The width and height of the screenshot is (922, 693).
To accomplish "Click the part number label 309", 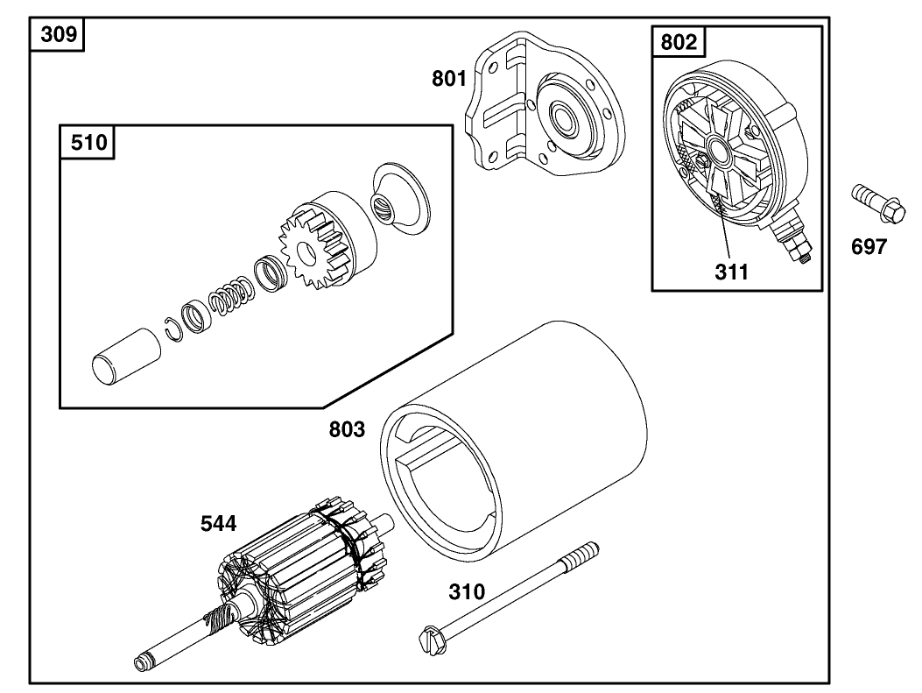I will [x=58, y=36].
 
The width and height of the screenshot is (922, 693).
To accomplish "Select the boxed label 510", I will [x=88, y=142].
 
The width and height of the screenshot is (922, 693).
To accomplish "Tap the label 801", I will [x=449, y=79].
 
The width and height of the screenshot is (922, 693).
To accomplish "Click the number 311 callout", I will [x=731, y=272].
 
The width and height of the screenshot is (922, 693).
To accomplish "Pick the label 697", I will [x=869, y=247].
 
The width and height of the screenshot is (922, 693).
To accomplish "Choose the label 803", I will [x=347, y=429].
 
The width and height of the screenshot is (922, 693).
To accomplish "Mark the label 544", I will [x=218, y=524].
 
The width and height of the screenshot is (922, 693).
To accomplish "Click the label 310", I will [x=467, y=592].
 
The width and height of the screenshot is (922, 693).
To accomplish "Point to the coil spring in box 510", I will [x=231, y=294].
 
